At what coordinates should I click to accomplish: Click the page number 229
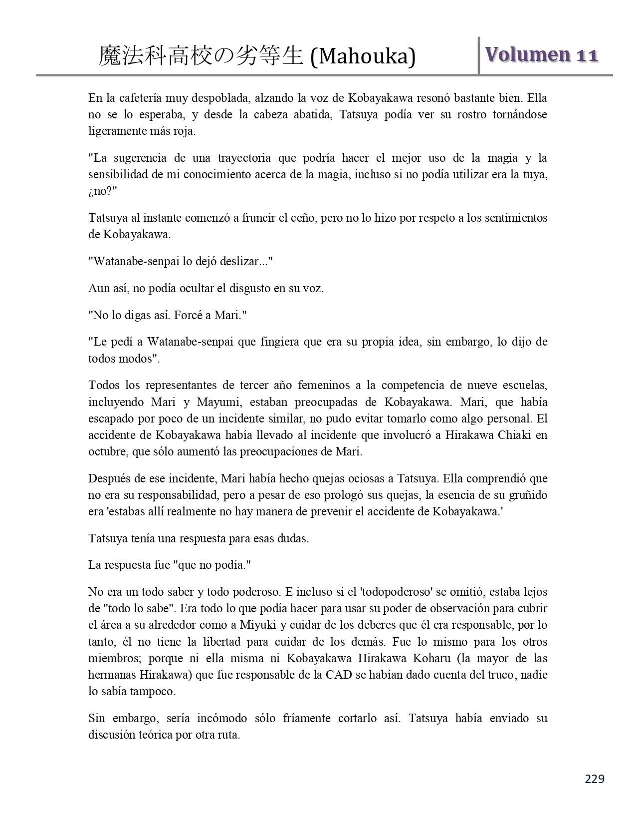595,779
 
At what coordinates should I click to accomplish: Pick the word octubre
107,452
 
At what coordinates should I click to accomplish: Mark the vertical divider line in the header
479,55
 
